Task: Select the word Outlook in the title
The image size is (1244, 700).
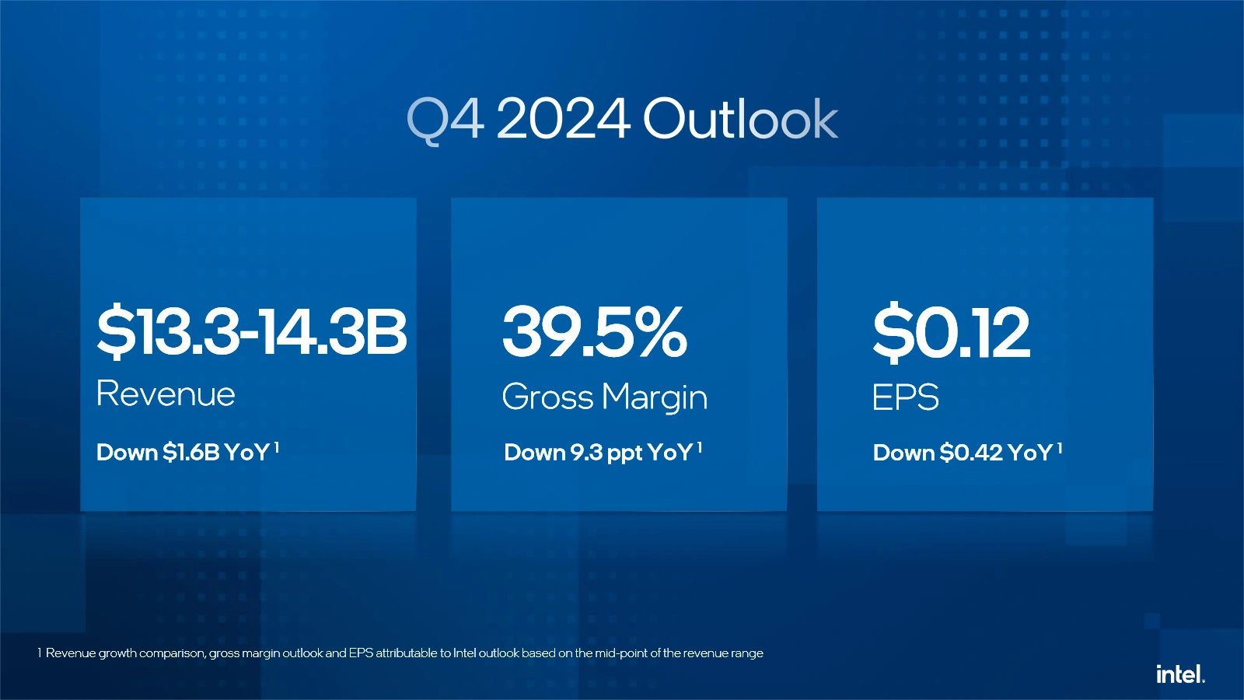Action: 740,120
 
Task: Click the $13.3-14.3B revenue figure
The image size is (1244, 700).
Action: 251,332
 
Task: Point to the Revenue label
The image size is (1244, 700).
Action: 166,394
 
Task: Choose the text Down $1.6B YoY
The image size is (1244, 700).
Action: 183,453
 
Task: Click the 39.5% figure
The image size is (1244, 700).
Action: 595,332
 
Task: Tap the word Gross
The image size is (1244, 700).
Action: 548,397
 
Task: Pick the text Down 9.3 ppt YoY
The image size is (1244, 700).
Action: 598,453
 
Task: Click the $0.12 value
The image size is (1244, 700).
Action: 951,332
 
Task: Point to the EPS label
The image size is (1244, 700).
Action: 905,397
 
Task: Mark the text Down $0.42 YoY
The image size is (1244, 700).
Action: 963,453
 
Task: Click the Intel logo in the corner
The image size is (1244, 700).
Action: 1180,674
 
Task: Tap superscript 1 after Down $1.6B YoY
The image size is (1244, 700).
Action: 276,447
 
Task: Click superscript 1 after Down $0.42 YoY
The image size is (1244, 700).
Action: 1059,447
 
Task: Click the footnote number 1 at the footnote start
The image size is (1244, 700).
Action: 39,653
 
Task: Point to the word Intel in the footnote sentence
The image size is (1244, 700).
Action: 464,653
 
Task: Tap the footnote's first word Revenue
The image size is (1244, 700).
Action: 71,653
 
